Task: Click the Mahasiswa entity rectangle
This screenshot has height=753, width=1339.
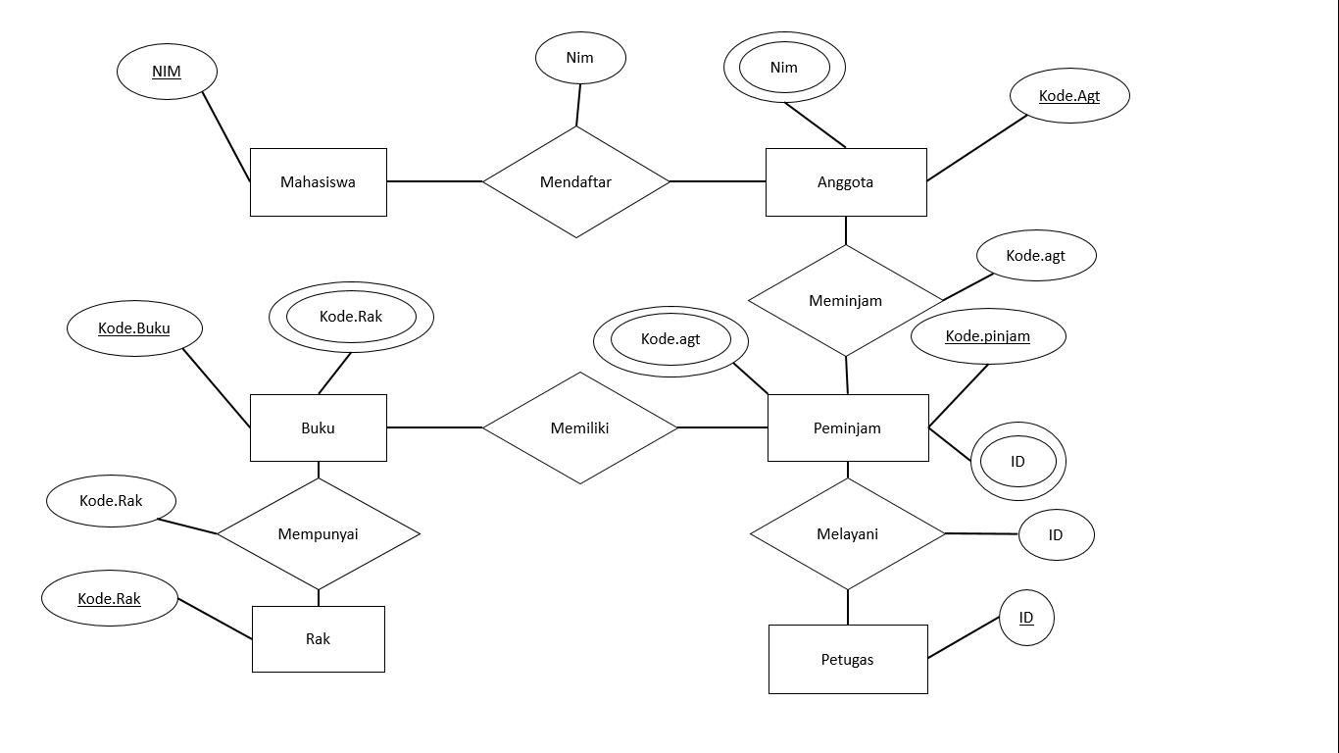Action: (x=318, y=182)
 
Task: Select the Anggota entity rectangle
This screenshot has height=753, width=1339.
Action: (x=845, y=182)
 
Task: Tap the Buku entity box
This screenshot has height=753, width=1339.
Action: (x=318, y=427)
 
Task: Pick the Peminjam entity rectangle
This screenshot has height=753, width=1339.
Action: (x=847, y=427)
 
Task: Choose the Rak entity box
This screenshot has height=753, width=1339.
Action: (x=318, y=639)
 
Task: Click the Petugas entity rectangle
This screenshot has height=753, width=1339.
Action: (x=847, y=659)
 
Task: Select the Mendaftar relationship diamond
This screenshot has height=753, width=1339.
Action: (x=575, y=182)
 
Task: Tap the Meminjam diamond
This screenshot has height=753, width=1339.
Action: (x=845, y=301)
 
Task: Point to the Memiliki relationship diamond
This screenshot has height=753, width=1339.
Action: (x=579, y=427)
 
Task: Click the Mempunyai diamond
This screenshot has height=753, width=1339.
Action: (x=318, y=534)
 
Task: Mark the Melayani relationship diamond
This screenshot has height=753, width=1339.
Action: (x=847, y=534)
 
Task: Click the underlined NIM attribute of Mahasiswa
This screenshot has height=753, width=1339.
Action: (x=167, y=72)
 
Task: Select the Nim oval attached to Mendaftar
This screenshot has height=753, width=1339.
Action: (x=580, y=58)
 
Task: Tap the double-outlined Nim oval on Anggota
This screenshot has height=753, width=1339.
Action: (x=784, y=68)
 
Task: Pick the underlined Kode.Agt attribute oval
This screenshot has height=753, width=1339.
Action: (x=1069, y=96)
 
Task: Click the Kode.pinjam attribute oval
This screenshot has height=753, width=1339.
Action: (x=987, y=336)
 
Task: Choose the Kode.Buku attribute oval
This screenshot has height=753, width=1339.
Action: (x=134, y=328)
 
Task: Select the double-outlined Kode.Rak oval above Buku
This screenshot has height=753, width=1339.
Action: (x=351, y=317)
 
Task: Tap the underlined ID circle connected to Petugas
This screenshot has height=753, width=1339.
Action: (x=1026, y=618)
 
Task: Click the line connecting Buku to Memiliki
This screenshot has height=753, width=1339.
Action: (x=434, y=427)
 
